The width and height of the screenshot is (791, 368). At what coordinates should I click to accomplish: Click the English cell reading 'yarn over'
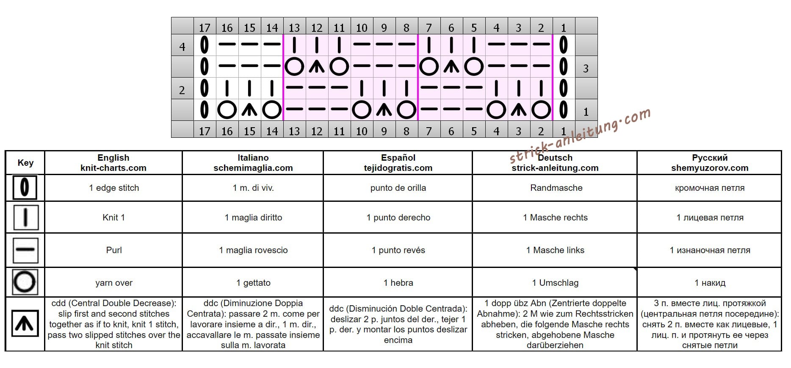tap(114, 283)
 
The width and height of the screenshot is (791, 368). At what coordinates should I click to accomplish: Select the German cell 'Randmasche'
tap(556, 188)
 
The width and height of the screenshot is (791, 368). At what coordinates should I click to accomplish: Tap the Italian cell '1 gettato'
tap(253, 283)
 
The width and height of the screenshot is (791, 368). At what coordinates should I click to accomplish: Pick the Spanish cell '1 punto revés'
tap(398, 250)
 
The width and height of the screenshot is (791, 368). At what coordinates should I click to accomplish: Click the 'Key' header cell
tap(25, 163)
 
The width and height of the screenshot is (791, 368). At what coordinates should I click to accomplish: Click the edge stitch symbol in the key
tap(25, 187)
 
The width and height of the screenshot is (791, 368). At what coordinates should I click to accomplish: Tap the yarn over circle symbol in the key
tap(25, 282)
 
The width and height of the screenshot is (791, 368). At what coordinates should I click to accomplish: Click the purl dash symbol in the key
tap(25, 250)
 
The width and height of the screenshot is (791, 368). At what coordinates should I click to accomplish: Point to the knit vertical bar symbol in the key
tap(25, 217)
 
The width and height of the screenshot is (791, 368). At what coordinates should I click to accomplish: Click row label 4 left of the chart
tap(182, 47)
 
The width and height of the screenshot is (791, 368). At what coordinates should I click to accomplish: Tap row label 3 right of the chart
tap(586, 68)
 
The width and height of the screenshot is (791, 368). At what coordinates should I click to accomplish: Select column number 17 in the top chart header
tap(205, 28)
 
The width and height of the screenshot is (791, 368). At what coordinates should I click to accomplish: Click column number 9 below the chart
tap(384, 131)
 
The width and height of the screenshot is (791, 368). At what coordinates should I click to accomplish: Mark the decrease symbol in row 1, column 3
tap(518, 110)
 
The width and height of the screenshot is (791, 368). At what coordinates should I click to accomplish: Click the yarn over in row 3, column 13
tap(294, 67)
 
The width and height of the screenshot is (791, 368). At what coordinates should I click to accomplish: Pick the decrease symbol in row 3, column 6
tap(451, 67)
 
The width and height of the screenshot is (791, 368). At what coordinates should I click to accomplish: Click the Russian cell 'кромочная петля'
tap(709, 188)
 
